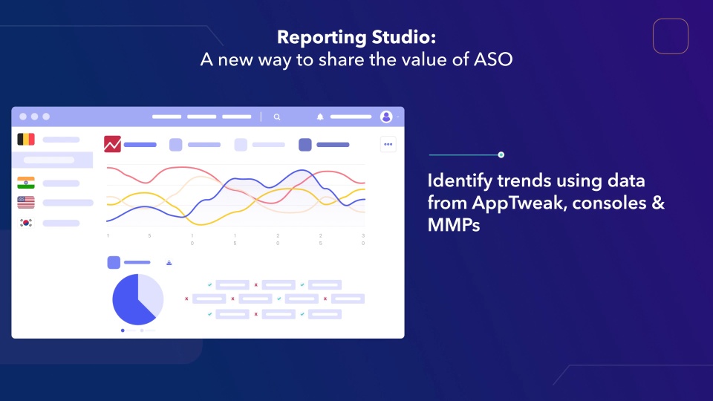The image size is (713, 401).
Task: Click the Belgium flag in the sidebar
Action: tap(26, 139)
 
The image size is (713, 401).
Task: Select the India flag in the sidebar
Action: tap(26, 183)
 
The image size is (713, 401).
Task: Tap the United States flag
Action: tap(26, 202)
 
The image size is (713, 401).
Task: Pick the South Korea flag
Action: tap(26, 222)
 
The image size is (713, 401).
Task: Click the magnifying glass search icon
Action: tap(277, 117)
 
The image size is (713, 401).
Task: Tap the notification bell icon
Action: tap(320, 117)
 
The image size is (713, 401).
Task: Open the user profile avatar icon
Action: tap(386, 117)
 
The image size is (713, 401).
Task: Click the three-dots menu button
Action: tap(388, 144)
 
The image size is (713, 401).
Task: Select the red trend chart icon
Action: tap(112, 144)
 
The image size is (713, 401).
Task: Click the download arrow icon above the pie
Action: tap(169, 262)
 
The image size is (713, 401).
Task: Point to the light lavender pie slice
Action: tap(152, 293)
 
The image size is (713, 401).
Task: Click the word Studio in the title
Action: tap(404, 37)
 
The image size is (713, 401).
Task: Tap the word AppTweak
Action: tap(519, 203)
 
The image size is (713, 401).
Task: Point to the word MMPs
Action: tap(454, 225)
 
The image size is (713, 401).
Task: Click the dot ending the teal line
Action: tap(501, 155)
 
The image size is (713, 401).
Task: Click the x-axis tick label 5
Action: tap(149, 236)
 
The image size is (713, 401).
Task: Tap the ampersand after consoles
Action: tap(659, 203)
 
